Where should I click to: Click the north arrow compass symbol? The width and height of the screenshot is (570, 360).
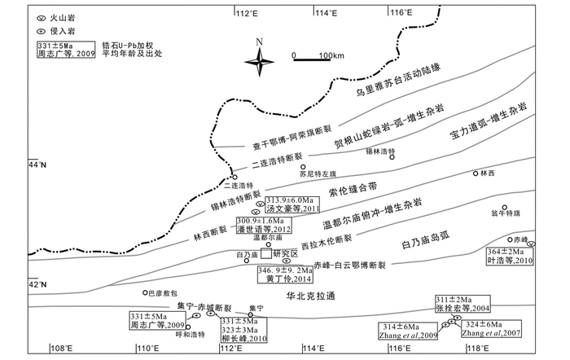click(x=259, y=59)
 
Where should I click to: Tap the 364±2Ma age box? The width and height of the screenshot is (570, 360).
click(x=510, y=256)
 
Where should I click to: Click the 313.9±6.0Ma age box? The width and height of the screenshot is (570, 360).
click(x=291, y=204)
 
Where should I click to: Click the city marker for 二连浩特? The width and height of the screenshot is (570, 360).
click(x=235, y=177)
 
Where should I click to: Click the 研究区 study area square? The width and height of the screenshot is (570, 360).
click(x=266, y=253)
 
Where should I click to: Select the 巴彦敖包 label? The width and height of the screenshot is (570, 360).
click(x=162, y=292)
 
